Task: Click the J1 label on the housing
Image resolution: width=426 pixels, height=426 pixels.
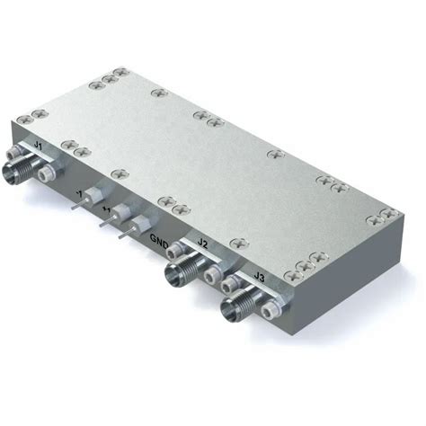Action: click(x=37, y=144)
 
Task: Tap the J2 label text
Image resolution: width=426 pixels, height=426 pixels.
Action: click(x=203, y=244)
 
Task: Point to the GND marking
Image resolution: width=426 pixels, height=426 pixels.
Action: click(x=160, y=239)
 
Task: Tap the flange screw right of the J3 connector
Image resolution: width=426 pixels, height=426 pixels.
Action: click(x=271, y=310)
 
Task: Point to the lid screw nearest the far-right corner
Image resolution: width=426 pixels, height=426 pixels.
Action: click(x=389, y=214)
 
